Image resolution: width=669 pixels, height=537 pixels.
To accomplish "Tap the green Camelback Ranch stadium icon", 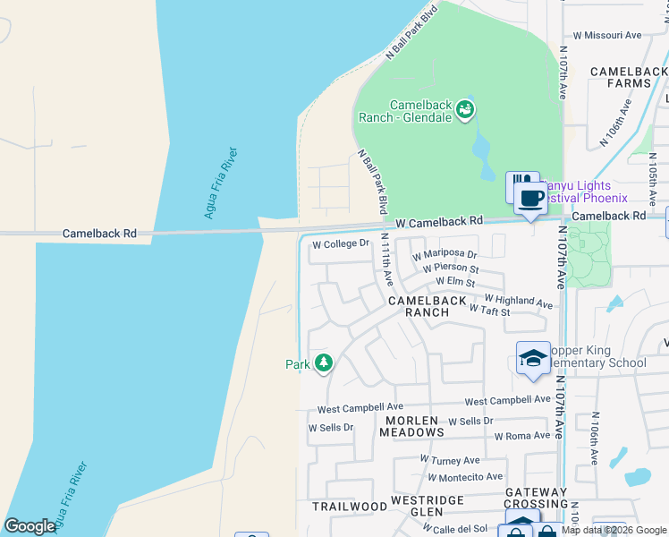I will coord(465,109).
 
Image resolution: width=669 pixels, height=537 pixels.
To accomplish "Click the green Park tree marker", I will coord(324,363).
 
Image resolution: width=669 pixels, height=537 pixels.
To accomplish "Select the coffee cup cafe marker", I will coord(531,199).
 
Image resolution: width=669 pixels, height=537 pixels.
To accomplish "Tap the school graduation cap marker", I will coord(533,359).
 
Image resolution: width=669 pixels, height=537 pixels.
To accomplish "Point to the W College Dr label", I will coord(340,243).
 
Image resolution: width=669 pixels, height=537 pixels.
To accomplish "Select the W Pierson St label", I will coord(451,268).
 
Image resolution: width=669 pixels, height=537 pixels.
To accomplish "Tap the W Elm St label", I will coord(455,282).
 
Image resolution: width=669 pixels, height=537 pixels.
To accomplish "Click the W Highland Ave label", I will coord(519,301).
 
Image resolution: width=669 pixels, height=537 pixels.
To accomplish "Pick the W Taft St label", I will coord(489,311).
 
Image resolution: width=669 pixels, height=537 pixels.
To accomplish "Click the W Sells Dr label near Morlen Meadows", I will coord(470,421).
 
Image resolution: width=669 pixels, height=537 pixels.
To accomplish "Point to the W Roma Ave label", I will coord(522,436).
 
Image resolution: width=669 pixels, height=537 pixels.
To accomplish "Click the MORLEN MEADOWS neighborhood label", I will coord(411,426).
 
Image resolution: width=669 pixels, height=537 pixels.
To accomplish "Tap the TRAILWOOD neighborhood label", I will coord(350,507).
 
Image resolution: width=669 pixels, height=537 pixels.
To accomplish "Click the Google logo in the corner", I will coord(30,526).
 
